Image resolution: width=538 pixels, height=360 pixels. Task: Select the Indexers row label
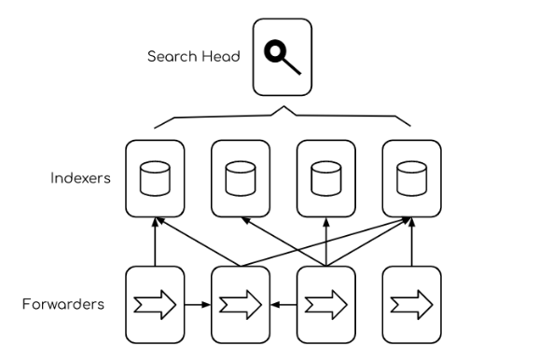tap(81, 177)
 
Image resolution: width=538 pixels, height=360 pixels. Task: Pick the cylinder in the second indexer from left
tap(241, 177)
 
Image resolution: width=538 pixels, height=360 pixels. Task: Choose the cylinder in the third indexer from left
tap(325, 177)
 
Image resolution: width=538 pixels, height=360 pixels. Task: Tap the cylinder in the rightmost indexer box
tap(409, 177)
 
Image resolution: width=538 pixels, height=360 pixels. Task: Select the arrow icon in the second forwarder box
tap(241, 303)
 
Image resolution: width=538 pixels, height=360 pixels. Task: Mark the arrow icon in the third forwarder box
tap(325, 303)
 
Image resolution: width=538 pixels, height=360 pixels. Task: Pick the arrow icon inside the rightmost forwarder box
tap(409, 303)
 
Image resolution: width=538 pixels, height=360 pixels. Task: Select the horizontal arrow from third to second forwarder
tap(283, 303)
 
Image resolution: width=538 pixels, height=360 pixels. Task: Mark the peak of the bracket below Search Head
tap(283, 108)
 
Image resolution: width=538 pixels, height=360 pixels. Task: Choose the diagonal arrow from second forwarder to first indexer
tap(200, 241)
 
